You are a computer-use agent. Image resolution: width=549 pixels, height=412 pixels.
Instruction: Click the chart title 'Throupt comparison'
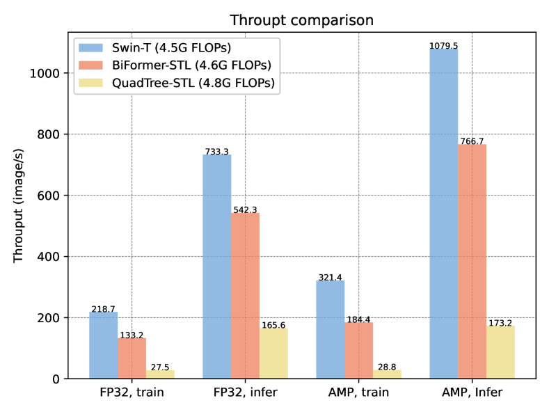point(303,20)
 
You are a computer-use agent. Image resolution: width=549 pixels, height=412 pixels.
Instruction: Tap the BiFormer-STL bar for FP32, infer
point(245,296)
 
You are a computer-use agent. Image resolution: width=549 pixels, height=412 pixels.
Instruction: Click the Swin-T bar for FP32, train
point(103,345)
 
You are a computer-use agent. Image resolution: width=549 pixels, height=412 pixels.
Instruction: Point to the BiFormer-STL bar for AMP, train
point(358,351)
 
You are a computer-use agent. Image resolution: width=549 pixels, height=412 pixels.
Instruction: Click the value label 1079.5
point(443,46)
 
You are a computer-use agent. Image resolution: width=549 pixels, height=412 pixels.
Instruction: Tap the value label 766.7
point(472,141)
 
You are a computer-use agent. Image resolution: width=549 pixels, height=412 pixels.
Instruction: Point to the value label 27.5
point(160,367)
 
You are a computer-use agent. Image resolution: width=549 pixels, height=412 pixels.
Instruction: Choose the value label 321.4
point(330,278)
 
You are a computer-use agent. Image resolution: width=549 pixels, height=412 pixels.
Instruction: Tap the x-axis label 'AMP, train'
point(358,393)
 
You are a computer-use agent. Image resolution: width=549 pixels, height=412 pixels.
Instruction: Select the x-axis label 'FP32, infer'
point(245,393)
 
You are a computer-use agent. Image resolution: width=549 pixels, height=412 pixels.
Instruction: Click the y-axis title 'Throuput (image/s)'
point(19,207)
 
